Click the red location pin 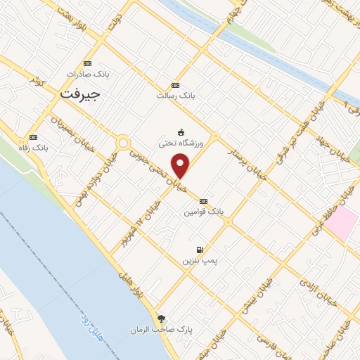pos(181,166)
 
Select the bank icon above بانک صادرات pos(86,63)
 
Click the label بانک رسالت pos(174,95)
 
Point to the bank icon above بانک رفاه pos(33,137)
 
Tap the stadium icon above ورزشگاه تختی pos(181,132)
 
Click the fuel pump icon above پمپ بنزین pos(200,250)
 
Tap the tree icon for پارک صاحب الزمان pos(162,319)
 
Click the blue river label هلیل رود pos(90,326)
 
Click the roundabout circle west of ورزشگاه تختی pos(124,143)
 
